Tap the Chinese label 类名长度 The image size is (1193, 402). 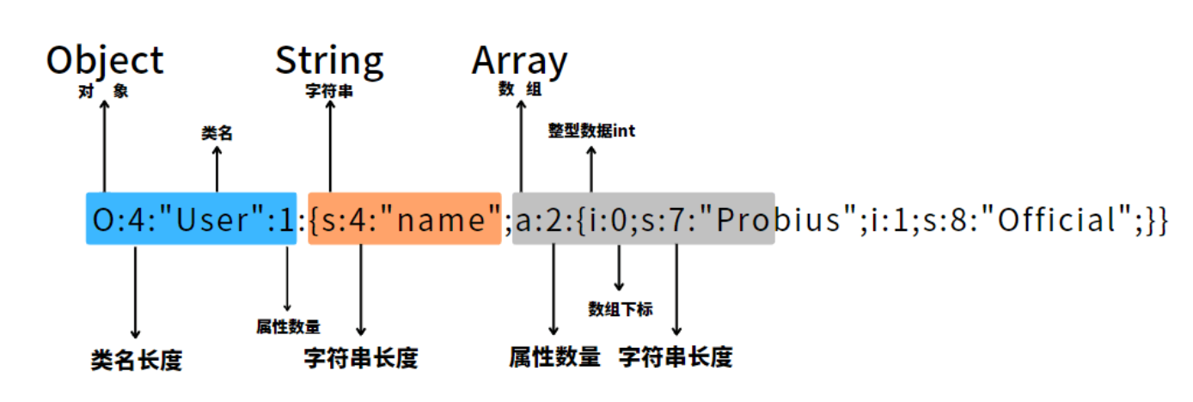point(137,361)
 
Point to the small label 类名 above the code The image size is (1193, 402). point(217,132)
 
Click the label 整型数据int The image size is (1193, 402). point(591,131)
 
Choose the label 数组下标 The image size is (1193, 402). point(620,309)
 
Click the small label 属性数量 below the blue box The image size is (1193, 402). point(288,326)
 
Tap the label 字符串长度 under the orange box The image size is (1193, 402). point(361,358)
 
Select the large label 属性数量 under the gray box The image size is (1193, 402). point(555,356)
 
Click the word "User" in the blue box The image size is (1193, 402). point(211,219)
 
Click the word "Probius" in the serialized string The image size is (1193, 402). point(778,219)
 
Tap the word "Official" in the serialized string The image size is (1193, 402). point(1056,219)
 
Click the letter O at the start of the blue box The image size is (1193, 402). point(102,219)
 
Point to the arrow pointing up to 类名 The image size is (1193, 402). point(217,169)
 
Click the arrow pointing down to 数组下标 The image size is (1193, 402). point(619,267)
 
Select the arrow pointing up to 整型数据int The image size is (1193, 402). point(591,169)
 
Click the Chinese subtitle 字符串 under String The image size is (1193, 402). point(329,91)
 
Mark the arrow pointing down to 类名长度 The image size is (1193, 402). point(135,292)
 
